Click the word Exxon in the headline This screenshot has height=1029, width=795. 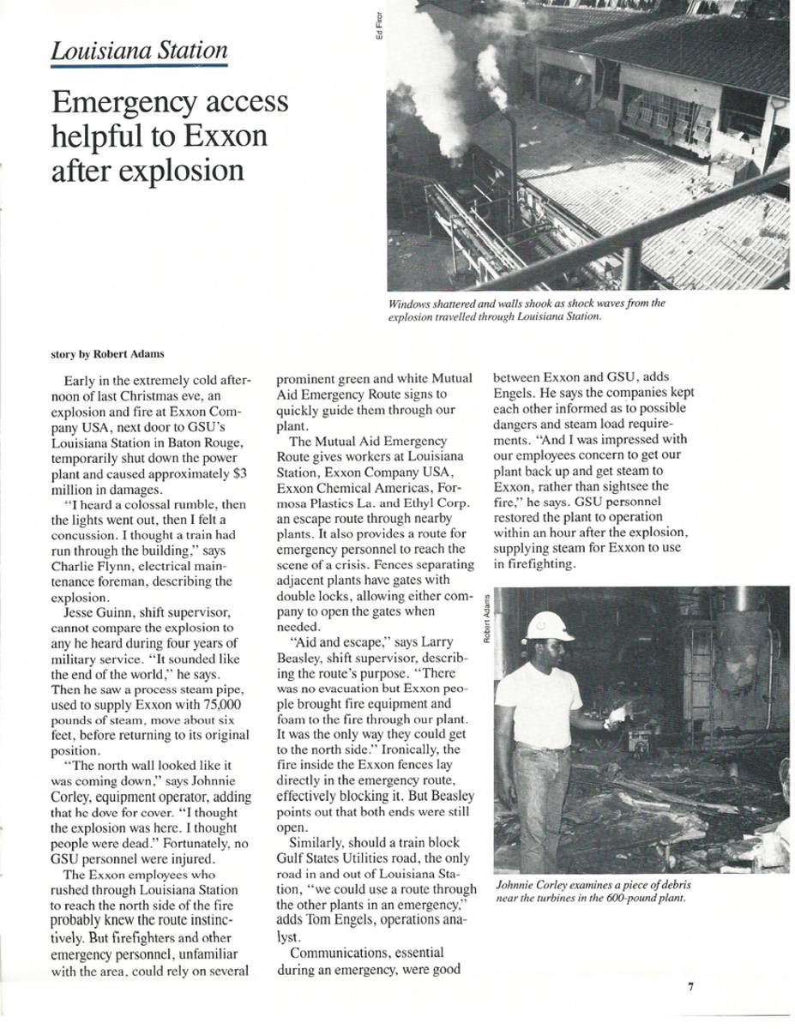(x=225, y=136)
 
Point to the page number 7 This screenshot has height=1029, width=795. (x=690, y=987)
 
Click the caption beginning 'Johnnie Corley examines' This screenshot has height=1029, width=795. (x=593, y=891)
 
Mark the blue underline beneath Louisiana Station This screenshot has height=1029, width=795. (x=139, y=65)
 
